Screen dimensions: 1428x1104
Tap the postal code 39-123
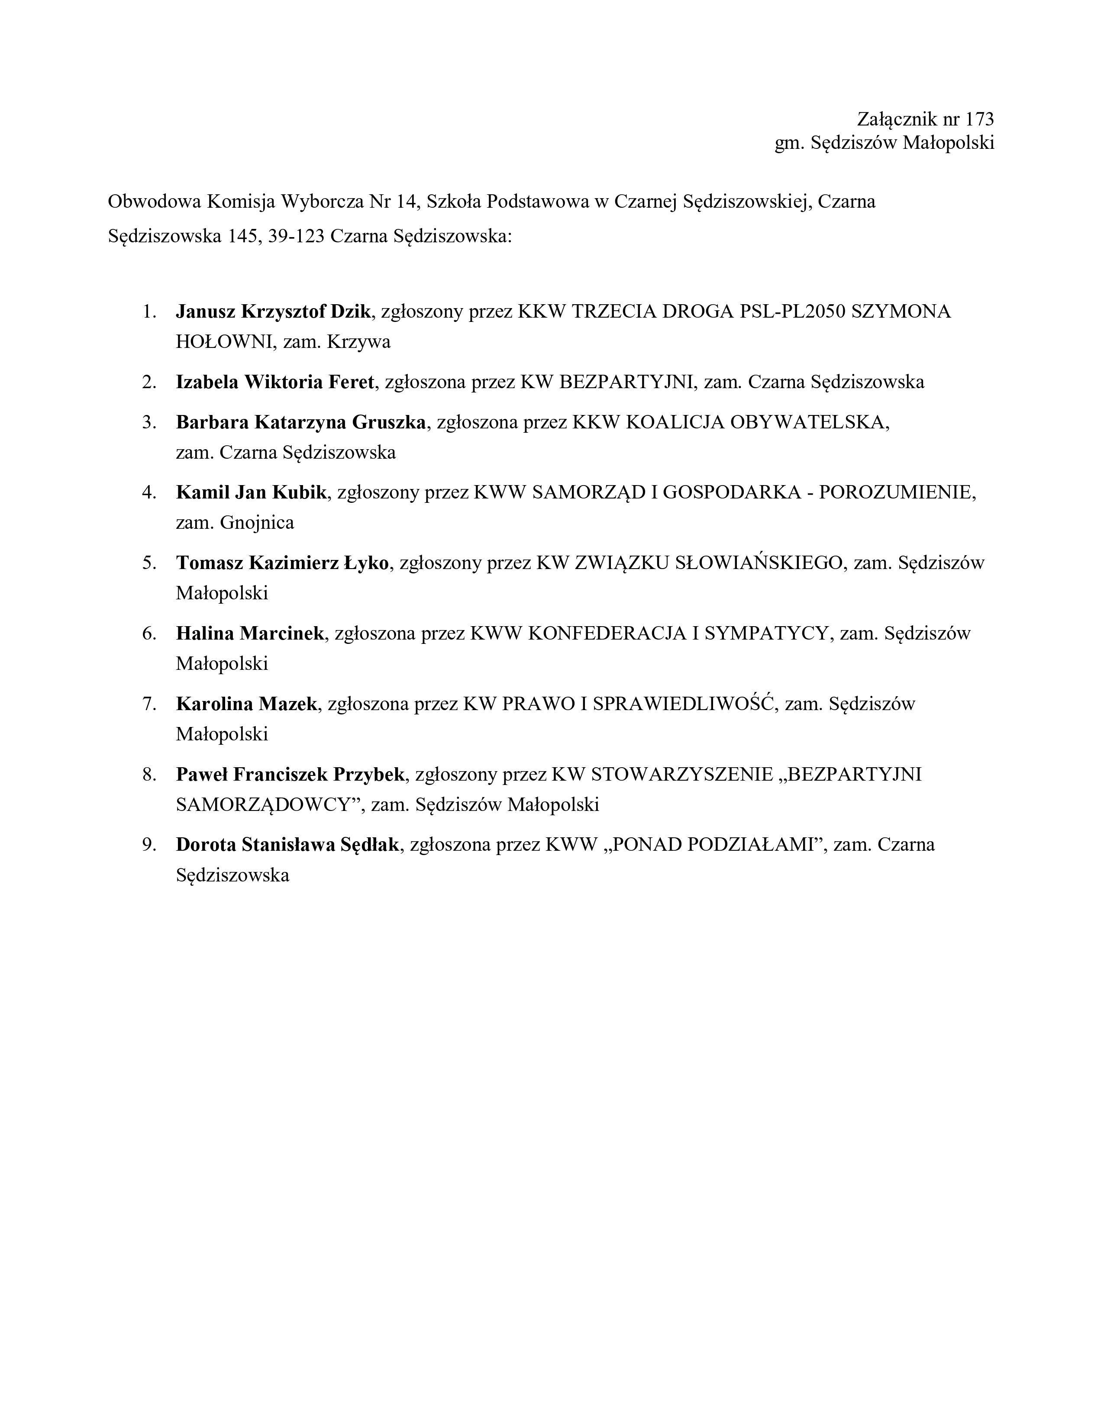tap(296, 236)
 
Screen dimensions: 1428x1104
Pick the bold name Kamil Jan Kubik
tap(251, 492)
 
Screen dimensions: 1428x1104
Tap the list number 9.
tap(148, 845)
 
